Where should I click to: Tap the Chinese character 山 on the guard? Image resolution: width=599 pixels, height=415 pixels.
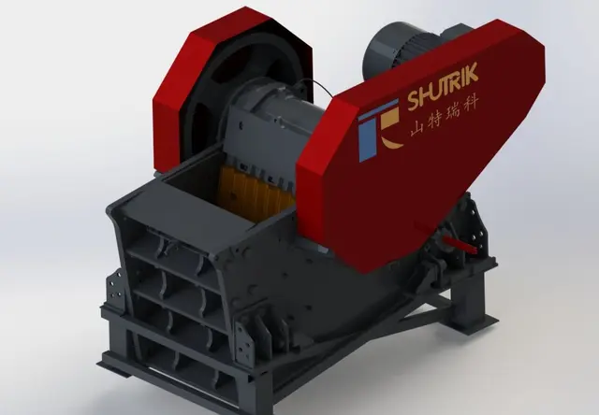418,127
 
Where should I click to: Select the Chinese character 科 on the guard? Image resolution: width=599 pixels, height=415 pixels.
470,104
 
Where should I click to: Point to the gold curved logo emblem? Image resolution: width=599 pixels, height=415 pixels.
389,126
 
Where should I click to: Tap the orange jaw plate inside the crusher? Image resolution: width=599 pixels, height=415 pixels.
254,193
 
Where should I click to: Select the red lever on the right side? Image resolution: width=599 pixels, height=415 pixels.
460,243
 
